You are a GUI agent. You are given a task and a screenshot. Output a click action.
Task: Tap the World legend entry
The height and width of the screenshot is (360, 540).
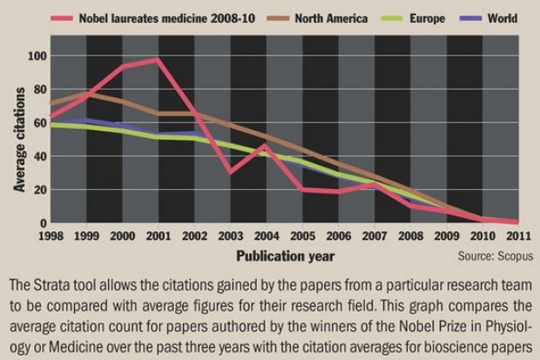501,18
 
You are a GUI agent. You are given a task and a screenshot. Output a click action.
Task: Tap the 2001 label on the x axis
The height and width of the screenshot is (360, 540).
159,236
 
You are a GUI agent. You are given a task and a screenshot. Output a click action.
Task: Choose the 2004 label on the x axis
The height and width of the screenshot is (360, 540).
265,236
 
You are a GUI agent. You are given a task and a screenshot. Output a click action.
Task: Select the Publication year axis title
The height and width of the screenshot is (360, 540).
283,256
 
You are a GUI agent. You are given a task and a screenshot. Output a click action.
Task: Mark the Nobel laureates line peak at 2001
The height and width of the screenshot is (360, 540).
159,59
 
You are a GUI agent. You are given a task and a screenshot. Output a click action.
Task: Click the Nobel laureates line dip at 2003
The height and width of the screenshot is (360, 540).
229,173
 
